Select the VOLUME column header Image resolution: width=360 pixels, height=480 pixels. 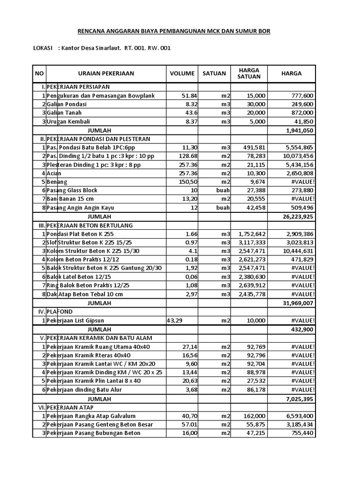pyautogui.click(x=182, y=74)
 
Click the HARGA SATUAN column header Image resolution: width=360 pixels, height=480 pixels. pyautogui.click(x=249, y=74)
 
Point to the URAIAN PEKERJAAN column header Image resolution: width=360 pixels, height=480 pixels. pyautogui.click(x=106, y=74)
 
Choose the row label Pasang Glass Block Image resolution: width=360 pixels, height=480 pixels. pyautogui.click(x=72, y=190)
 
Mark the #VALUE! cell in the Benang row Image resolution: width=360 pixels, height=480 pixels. pyautogui.click(x=303, y=182)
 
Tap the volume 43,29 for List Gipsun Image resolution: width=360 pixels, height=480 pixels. pyautogui.click(x=175, y=320)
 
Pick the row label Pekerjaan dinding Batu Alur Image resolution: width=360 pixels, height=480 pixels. pyautogui.click(x=84, y=389)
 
